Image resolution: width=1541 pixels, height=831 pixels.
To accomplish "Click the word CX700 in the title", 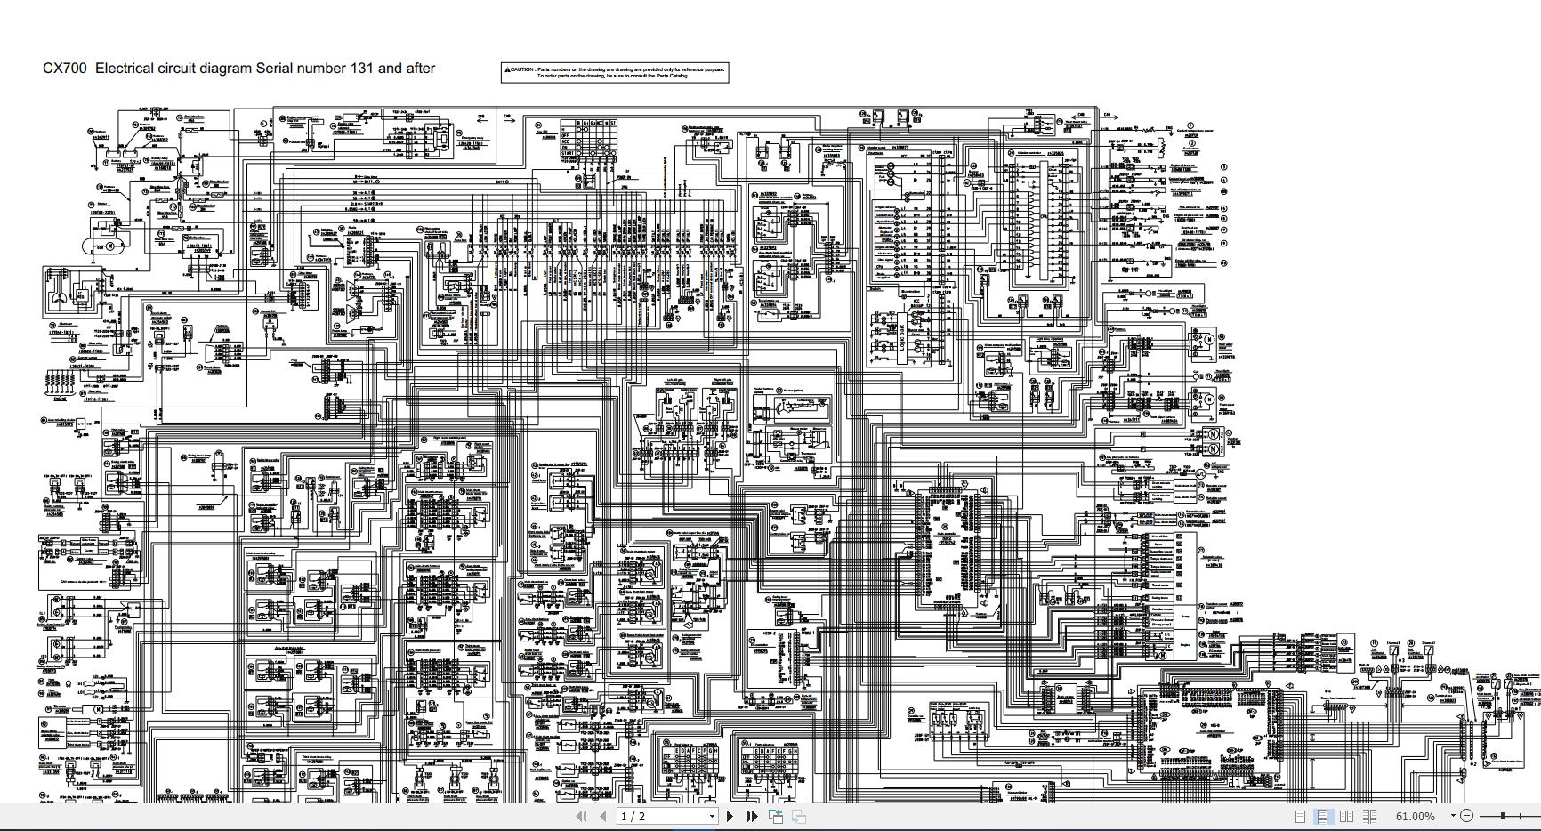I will pyautogui.click(x=65, y=69).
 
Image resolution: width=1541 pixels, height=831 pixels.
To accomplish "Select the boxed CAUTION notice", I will pyautogui.click(x=615, y=73).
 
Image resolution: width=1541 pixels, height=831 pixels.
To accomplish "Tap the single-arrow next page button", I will pyautogui.click(x=730, y=816).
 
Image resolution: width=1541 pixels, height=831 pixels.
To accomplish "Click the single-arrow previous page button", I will pyautogui.click(x=602, y=816).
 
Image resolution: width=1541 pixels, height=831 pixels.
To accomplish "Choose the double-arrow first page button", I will pyautogui.click(x=581, y=816).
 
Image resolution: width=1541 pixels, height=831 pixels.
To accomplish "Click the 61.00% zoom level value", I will pyautogui.click(x=1415, y=816).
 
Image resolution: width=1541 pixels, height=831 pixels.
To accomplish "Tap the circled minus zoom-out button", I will pyautogui.click(x=1467, y=816).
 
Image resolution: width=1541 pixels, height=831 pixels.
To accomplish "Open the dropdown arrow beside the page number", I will pyautogui.click(x=711, y=816).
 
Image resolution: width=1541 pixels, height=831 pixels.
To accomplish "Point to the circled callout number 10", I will pyautogui.click(x=1224, y=263).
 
